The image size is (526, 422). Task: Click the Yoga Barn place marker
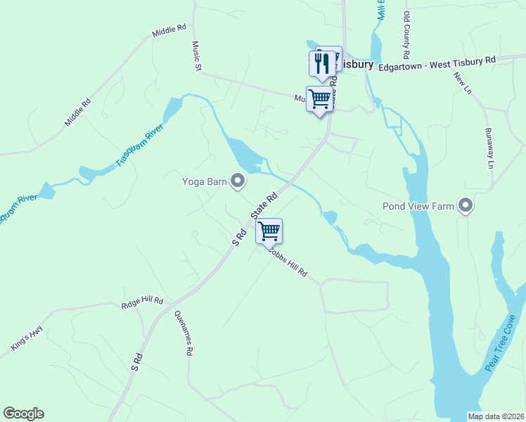[x=238, y=182]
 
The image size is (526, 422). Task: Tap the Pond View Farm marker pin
[x=465, y=206]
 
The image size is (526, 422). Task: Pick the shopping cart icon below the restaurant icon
[x=319, y=98]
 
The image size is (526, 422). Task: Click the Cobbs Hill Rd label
[x=289, y=264]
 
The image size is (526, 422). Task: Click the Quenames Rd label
[x=183, y=333]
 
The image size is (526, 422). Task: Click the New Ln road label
[x=462, y=83]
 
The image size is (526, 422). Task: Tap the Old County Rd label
[x=406, y=34]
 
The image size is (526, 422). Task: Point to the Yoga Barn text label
[x=205, y=182]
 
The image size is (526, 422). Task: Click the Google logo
[x=23, y=414]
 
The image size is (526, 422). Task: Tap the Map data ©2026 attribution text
[x=495, y=416]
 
